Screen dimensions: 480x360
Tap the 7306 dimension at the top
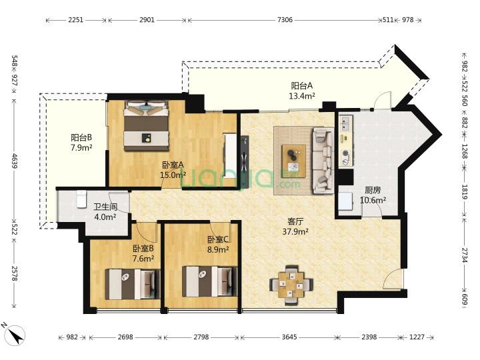[x=285, y=20]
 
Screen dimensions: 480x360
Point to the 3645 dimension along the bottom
[x=289, y=337]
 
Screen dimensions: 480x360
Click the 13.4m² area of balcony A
[x=302, y=96]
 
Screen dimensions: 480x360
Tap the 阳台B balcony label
[x=81, y=137]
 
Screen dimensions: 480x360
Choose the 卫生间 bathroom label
[x=105, y=207]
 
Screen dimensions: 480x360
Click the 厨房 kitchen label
[x=373, y=190]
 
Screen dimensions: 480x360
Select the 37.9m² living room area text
[x=295, y=232]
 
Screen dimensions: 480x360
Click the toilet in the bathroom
[x=81, y=199]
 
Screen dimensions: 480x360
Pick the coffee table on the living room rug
[x=293, y=161]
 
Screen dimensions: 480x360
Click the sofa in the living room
[x=323, y=161]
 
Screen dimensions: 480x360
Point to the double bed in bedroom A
[x=146, y=126]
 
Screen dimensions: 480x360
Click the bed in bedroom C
[x=210, y=281]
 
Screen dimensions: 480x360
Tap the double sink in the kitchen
[x=346, y=123]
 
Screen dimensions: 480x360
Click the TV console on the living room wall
[x=245, y=162]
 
